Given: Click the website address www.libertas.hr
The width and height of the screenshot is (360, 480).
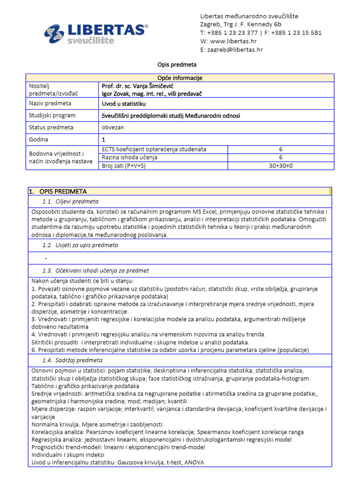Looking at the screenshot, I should point(233,41).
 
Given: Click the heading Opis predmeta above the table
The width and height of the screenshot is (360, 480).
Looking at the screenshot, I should point(176,64).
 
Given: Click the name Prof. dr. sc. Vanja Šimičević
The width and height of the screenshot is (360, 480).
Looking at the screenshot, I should point(143,86).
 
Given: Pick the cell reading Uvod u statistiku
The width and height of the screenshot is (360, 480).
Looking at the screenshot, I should point(124,103).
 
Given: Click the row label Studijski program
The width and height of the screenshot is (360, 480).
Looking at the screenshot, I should point(52,115).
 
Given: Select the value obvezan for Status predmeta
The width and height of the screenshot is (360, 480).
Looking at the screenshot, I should point(113,127).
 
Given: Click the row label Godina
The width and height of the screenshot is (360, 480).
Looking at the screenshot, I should point(39,140).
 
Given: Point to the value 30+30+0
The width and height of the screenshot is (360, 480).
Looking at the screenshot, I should point(281,166).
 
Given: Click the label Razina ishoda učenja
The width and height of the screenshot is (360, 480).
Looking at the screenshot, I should point(129,157).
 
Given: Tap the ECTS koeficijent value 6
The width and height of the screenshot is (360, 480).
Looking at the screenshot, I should point(281,149).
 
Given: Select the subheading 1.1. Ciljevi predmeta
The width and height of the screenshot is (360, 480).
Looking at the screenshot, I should point(70,202).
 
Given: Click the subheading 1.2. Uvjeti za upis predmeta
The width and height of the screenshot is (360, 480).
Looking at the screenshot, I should point(80,245).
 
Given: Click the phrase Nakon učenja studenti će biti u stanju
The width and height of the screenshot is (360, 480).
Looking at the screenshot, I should point(82,280).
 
